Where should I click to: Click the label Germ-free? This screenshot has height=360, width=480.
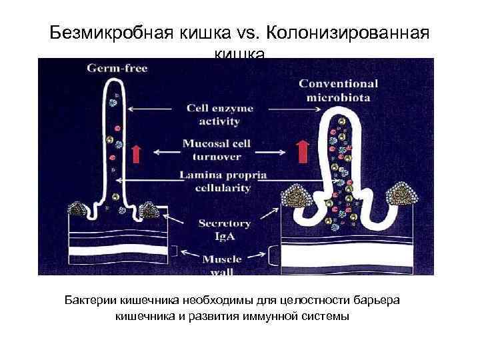click(118, 68)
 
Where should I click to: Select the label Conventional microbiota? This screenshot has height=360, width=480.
click(338, 91)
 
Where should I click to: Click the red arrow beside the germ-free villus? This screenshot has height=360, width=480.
click(135, 153)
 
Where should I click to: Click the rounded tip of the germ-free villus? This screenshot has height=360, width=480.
click(114, 83)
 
